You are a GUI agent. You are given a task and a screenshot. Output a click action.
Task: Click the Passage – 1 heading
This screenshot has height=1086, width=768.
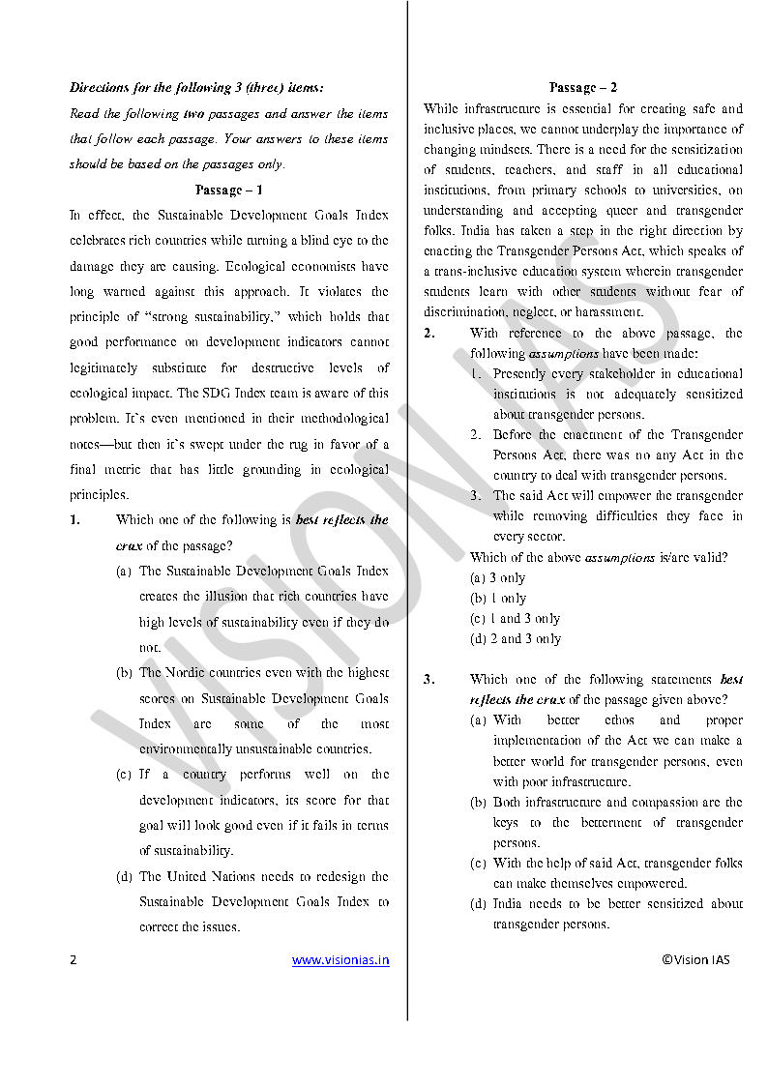pos(228,190)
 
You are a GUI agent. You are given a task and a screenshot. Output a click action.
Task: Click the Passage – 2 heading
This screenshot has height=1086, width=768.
pos(582,88)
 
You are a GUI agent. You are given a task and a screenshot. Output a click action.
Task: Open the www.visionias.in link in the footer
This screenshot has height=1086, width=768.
pos(340,960)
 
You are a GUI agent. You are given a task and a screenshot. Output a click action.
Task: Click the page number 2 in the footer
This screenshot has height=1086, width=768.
pos(73,960)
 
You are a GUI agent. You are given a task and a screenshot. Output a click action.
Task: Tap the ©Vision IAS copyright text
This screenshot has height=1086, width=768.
pos(695,959)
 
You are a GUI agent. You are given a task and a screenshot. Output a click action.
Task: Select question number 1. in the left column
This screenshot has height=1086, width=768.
pos(74,520)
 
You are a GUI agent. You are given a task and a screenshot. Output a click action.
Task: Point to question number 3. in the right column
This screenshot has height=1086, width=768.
pos(428,679)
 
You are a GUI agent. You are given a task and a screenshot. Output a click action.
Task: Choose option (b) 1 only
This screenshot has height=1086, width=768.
pos(498,598)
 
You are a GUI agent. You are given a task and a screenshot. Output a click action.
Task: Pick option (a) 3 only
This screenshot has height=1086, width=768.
pos(497,577)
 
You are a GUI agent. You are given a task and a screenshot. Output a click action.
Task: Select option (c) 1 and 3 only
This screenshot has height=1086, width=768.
pos(515,618)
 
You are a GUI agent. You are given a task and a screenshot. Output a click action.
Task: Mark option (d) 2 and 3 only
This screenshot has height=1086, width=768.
pos(515,638)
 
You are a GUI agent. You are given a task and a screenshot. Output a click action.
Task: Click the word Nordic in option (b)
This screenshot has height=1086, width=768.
pos(192,672)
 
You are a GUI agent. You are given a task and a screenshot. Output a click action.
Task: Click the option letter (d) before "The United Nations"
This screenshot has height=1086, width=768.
pos(124,876)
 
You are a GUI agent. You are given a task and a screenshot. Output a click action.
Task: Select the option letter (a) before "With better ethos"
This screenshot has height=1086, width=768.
pos(478,719)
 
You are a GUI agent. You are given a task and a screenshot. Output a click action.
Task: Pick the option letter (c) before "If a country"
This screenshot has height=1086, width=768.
pos(124,774)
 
